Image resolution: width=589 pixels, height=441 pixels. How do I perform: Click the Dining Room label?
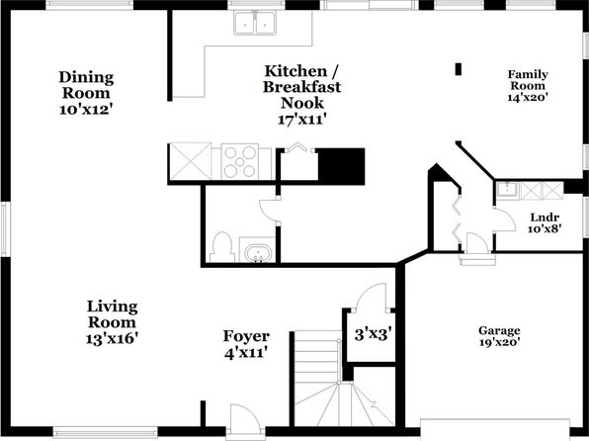86,85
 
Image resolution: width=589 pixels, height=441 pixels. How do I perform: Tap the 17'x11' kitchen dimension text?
301,120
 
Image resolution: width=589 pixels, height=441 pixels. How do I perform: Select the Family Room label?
528,80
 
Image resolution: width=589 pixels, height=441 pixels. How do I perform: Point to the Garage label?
499,331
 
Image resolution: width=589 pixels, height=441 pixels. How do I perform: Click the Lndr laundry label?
545,218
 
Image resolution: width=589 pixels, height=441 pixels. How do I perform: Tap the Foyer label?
246,336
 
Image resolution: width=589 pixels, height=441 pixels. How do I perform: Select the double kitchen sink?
255,23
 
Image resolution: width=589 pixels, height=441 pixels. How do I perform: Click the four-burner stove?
240,161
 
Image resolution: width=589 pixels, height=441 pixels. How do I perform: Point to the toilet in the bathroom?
221,247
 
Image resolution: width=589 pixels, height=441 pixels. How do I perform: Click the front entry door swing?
244,417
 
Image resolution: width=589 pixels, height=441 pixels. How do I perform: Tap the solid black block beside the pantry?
341,166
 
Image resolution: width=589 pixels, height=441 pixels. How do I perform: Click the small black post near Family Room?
459,69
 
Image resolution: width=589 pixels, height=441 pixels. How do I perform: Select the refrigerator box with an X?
191,161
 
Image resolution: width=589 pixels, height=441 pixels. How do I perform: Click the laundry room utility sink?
508,191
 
